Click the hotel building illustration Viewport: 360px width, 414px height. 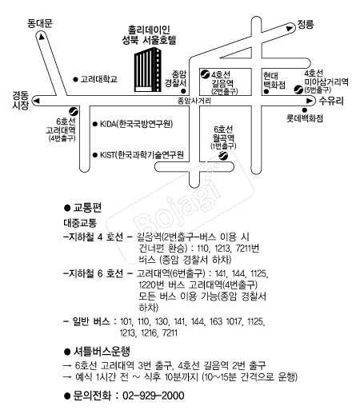click(146, 69)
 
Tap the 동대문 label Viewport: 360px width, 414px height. click(38, 25)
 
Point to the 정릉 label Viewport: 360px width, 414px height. click(306, 25)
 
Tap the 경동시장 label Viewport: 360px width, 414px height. click(20, 100)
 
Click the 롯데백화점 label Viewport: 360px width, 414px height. click(306, 118)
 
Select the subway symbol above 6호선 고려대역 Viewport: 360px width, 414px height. click(73, 112)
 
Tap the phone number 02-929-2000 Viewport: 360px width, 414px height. click(151, 396)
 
